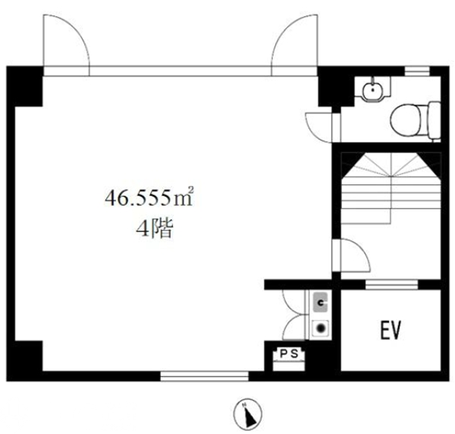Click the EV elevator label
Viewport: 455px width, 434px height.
coord(391,330)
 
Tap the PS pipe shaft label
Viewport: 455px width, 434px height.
coord(289,354)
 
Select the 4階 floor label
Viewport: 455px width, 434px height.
coord(155,228)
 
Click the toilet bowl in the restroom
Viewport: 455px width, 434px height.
coord(416,121)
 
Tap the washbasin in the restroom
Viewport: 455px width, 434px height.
coord(372,88)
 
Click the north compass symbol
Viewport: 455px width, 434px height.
coord(248,414)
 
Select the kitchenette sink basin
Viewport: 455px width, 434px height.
coord(320,303)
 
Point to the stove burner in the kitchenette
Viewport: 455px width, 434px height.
coord(320,329)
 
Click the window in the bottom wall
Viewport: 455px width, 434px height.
coord(204,376)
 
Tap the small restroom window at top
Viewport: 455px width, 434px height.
coord(417,71)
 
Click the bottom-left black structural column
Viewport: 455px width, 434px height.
coord(25,360)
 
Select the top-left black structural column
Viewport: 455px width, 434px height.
coord(25,86)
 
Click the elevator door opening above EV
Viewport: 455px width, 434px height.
coord(391,285)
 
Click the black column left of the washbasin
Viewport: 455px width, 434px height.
coord(336,86)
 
